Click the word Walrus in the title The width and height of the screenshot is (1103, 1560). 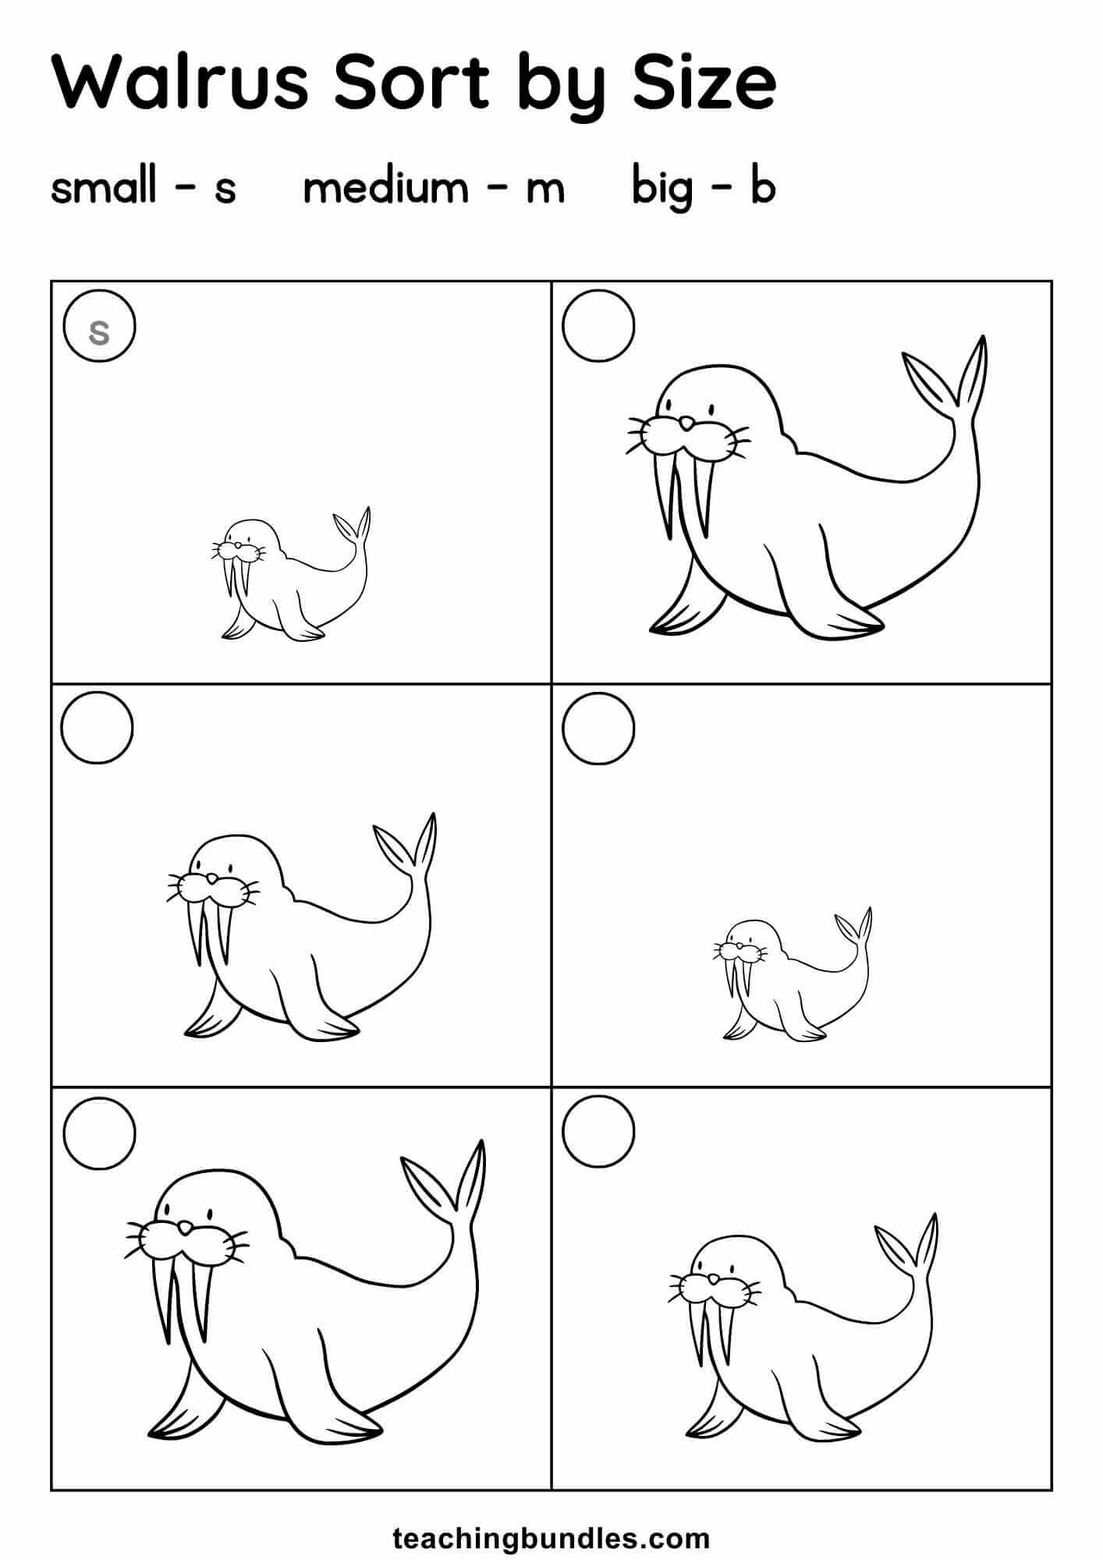tap(180, 81)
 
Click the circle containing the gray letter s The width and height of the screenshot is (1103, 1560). tap(100, 326)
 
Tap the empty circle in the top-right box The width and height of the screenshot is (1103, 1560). tap(598, 326)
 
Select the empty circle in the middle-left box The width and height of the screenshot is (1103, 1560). tap(98, 728)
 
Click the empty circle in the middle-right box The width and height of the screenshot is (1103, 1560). tap(598, 728)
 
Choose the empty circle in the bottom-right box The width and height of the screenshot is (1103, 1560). tap(598, 1132)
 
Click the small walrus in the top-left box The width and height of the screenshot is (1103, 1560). tap(291, 575)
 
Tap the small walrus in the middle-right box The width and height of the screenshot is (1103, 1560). tap(792, 974)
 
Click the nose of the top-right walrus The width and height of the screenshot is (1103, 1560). tap(686, 424)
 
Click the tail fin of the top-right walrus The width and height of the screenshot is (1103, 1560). tap(946, 382)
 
